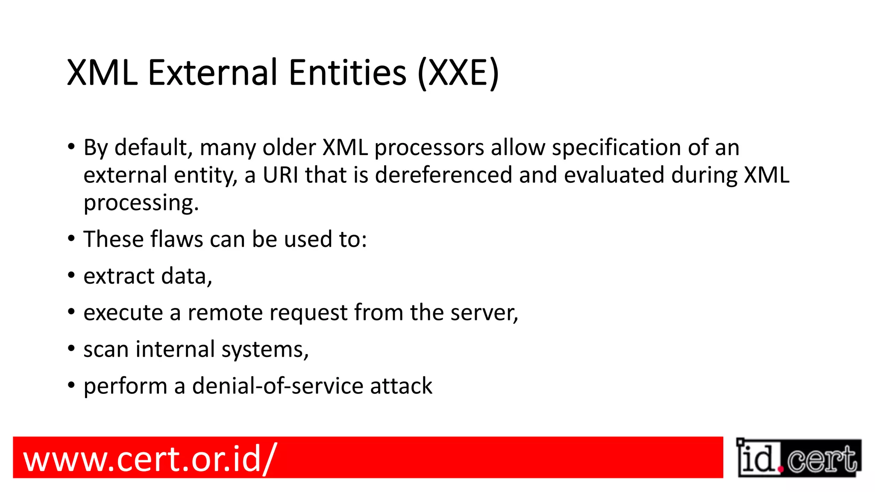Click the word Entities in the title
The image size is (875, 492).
click(x=347, y=73)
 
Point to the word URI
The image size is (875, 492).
click(x=280, y=175)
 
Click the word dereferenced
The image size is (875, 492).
click(x=443, y=175)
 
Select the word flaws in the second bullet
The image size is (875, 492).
click(x=176, y=239)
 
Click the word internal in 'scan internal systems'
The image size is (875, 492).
click(x=175, y=349)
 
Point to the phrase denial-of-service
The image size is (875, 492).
click(x=278, y=386)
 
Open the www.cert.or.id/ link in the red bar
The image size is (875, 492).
click(x=150, y=458)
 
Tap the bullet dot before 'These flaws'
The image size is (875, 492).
click(x=71, y=238)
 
